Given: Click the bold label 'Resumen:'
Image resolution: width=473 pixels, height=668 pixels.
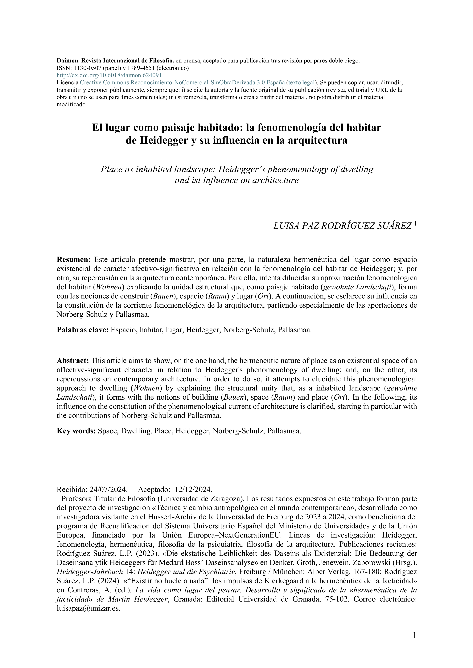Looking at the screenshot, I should coord(74,259).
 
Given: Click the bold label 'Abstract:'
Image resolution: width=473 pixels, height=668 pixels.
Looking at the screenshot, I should coord(73,361).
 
